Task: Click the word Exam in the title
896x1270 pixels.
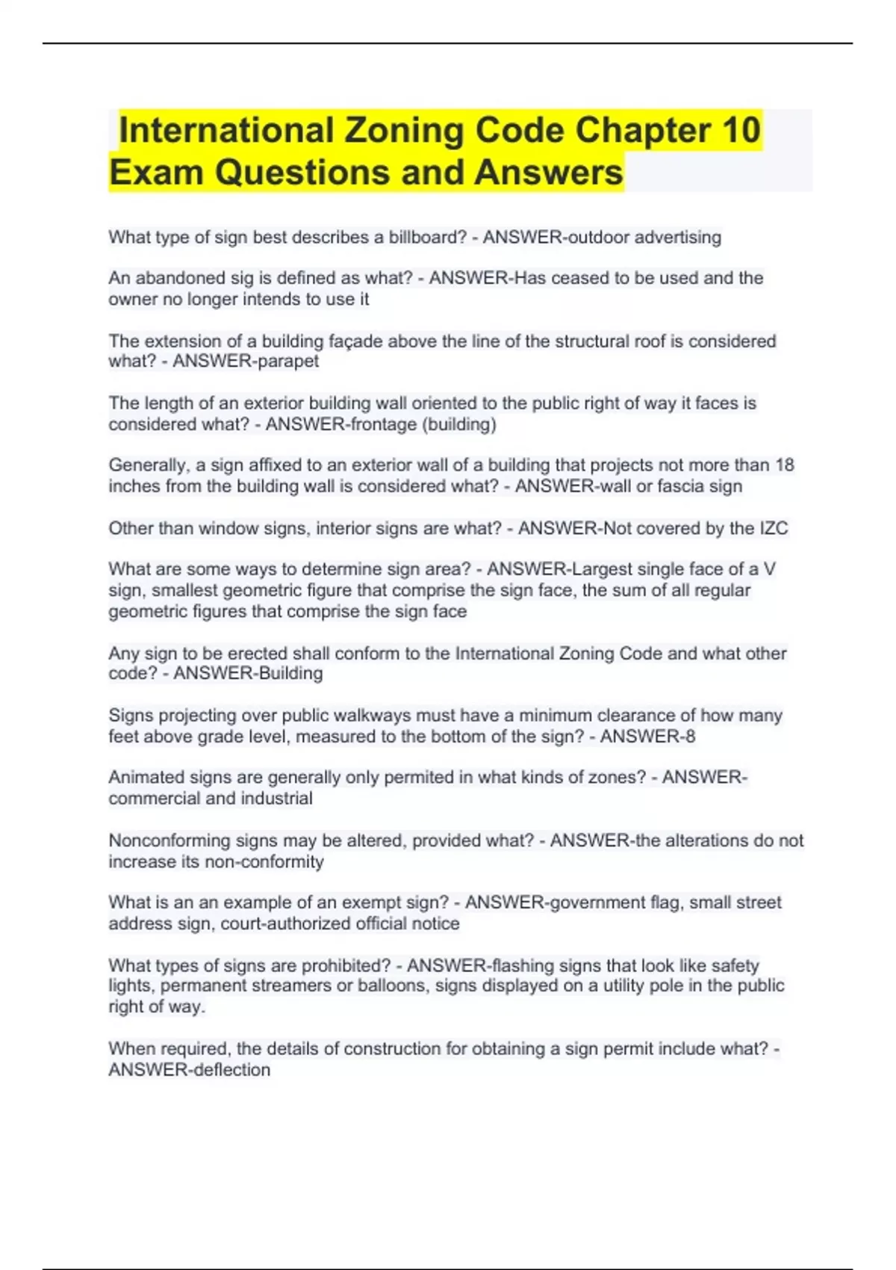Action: click(156, 173)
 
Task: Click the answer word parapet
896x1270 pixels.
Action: click(287, 362)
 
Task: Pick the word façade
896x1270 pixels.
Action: click(358, 341)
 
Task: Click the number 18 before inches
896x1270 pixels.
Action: click(784, 465)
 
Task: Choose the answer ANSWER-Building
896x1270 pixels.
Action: click(248, 673)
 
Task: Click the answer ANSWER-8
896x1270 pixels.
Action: click(647, 737)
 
